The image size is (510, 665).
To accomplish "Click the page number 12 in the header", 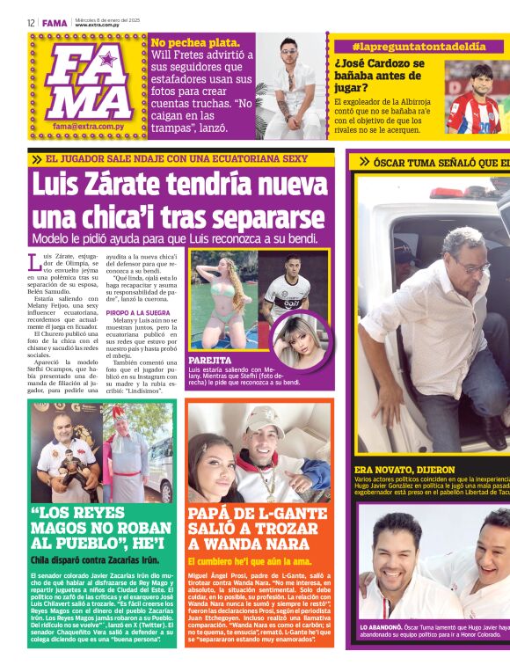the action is pyautogui.click(x=31, y=22).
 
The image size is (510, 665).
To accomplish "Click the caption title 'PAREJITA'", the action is pyautogui.click(x=210, y=361).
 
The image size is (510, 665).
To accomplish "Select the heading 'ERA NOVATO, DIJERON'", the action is pyautogui.click(x=404, y=470).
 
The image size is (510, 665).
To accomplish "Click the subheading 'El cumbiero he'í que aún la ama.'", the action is pyautogui.click(x=248, y=560).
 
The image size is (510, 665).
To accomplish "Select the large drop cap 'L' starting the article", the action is pyautogui.click(x=35, y=261).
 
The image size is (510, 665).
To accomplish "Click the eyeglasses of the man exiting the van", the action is pyautogui.click(x=472, y=266).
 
